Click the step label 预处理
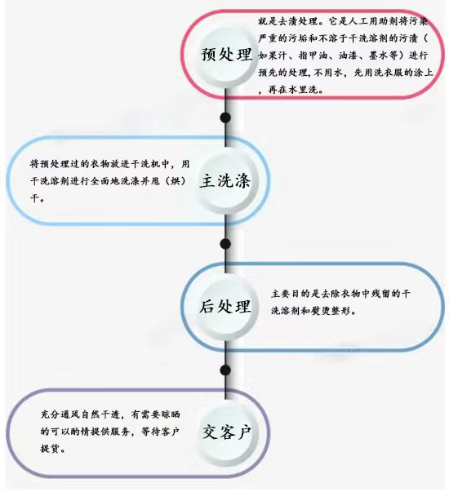point(226,55)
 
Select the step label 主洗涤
point(225,181)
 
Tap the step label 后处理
point(225,306)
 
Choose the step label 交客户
point(226,432)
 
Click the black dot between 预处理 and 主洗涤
point(225,117)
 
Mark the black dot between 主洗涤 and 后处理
point(225,244)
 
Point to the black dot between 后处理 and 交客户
point(225,370)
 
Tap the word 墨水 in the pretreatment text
point(378,55)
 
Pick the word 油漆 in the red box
point(349,55)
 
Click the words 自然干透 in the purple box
point(100,414)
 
